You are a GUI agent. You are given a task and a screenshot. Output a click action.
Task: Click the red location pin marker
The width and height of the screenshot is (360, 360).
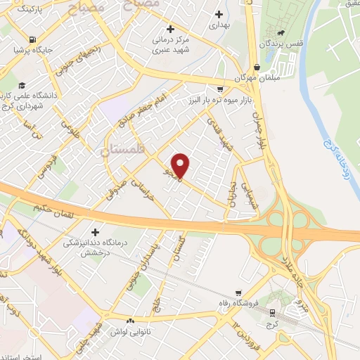181,165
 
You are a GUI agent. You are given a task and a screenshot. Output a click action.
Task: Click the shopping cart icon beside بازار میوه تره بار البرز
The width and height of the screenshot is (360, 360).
220,89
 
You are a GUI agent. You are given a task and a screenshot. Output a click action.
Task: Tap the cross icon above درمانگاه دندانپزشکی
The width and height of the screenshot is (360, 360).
96,231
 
